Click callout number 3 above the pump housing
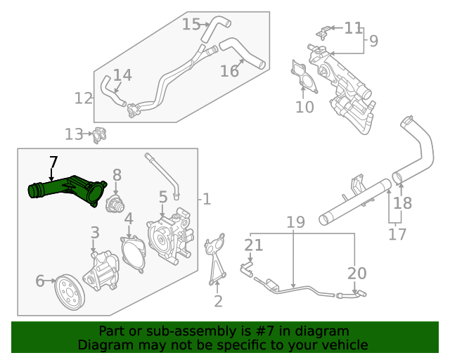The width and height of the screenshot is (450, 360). pos(94,233)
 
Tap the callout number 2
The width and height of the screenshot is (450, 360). pos(218,302)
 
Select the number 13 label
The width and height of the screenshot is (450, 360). pos(73,134)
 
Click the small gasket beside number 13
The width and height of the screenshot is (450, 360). pos(100,134)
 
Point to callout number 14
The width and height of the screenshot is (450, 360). pos(122,75)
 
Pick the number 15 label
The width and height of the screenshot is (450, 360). pos(191,25)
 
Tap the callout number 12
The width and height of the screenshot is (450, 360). pos(84,98)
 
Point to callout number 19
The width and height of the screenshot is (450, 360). pos(295,223)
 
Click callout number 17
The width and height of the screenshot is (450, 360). pos(397,233)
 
